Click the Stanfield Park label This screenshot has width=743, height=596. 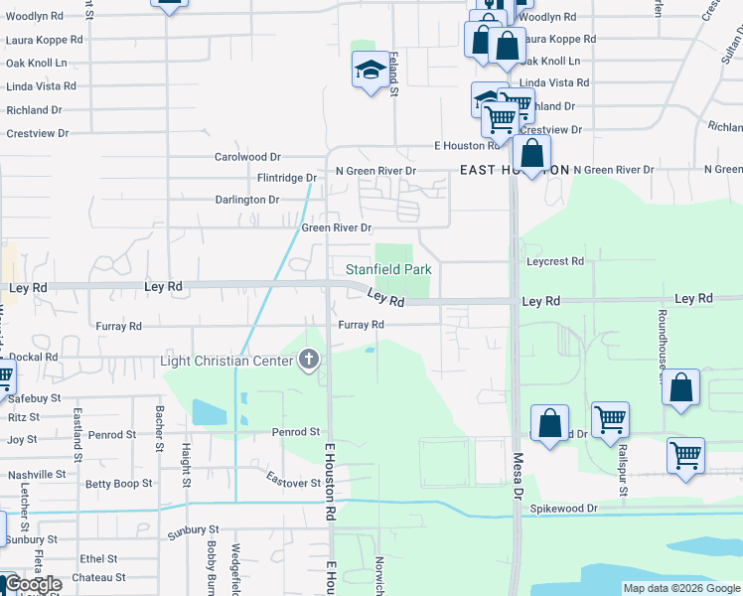tap(388, 269)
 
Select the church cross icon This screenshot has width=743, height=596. tap(309, 360)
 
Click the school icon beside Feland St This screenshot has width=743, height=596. tap(371, 70)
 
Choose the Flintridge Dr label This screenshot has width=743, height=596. tap(286, 178)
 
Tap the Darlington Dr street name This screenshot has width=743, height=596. tap(247, 200)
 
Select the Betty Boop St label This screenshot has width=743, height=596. tap(118, 484)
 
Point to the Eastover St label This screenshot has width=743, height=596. tap(290, 479)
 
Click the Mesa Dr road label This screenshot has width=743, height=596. tap(517, 477)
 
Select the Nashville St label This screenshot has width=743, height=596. tap(36, 475)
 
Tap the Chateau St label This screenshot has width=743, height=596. tap(98, 577)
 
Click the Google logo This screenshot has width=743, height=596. tap(32, 584)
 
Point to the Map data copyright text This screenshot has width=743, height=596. tap(680, 588)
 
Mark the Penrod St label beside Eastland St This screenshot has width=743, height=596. tap(111, 435)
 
